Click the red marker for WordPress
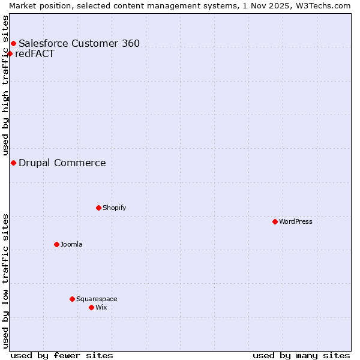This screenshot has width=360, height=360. [275, 221]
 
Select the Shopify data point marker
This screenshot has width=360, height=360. [98, 208]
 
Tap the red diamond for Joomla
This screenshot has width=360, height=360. [56, 244]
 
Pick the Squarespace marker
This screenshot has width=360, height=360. [72, 299]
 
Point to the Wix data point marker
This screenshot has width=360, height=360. [91, 307]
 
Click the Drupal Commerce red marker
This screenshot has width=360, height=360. [13, 163]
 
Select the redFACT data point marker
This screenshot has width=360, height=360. [10, 53]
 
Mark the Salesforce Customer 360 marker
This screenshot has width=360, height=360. [13, 43]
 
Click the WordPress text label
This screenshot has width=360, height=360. [296, 221]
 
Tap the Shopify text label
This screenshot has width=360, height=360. [114, 208]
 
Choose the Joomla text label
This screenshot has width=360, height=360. [71, 244]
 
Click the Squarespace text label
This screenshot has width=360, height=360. [97, 299]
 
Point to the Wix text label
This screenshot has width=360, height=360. [101, 307]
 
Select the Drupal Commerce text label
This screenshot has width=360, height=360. [62, 163]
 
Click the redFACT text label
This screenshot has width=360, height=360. [35, 53]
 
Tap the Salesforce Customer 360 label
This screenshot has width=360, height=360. [79, 43]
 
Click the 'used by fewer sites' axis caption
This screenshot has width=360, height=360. [62, 355]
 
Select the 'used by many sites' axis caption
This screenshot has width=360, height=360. [301, 355]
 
